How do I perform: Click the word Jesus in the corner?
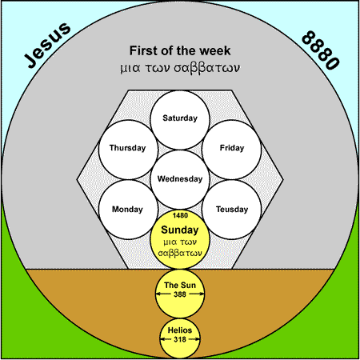[x=47, y=45]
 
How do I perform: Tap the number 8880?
[x=321, y=50]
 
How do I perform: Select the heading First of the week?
[x=180, y=50]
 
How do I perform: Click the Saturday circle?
[x=180, y=120]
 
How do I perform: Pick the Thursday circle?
[x=128, y=150]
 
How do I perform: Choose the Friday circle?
[x=231, y=150]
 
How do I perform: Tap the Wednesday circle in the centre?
[x=180, y=179]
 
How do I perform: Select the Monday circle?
[x=128, y=210]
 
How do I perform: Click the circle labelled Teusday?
[x=231, y=210]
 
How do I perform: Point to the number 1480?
[x=180, y=215]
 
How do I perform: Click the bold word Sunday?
[x=180, y=230]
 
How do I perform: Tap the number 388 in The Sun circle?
[x=180, y=294]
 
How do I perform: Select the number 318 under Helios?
[x=180, y=339]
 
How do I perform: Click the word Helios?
[x=180, y=330]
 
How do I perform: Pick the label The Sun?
[x=180, y=285]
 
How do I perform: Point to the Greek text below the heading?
[x=180, y=68]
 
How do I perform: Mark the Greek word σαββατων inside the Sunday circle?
[x=180, y=253]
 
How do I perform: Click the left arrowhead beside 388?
[x=158, y=294]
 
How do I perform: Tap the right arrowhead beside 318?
[x=197, y=339]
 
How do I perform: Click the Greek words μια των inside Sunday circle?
[x=180, y=242]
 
